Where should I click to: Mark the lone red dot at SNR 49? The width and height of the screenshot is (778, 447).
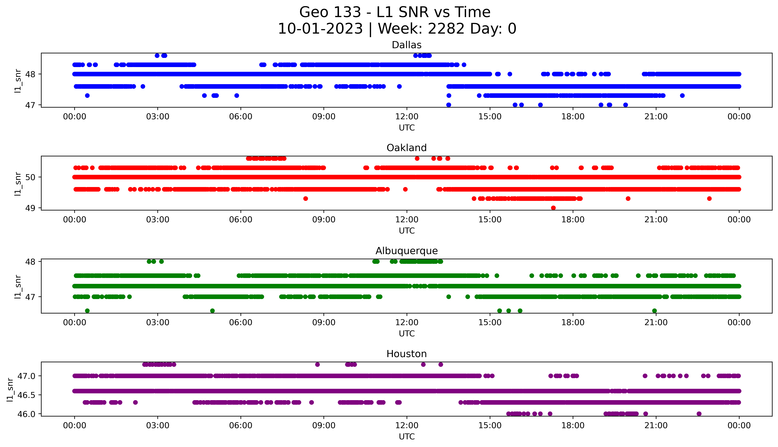553,208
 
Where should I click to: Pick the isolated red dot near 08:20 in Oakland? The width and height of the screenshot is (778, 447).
305,199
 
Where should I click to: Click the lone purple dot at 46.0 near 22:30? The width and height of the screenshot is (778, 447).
699,414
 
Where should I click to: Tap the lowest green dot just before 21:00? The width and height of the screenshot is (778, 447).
654,311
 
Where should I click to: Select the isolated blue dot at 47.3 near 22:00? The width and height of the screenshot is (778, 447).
682,96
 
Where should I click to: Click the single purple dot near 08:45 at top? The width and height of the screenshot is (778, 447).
317,364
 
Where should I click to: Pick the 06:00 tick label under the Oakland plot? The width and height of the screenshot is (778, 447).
241,219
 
